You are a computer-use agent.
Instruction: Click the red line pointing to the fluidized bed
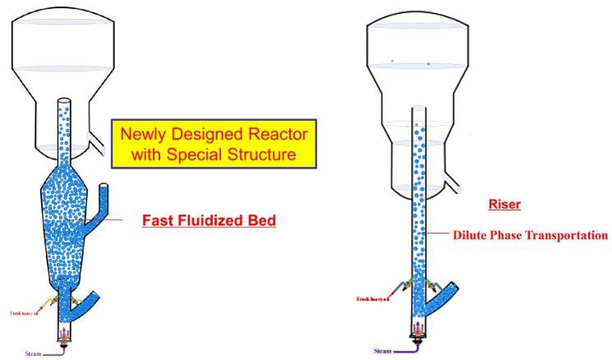104,220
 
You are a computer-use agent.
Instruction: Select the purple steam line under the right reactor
406,350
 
